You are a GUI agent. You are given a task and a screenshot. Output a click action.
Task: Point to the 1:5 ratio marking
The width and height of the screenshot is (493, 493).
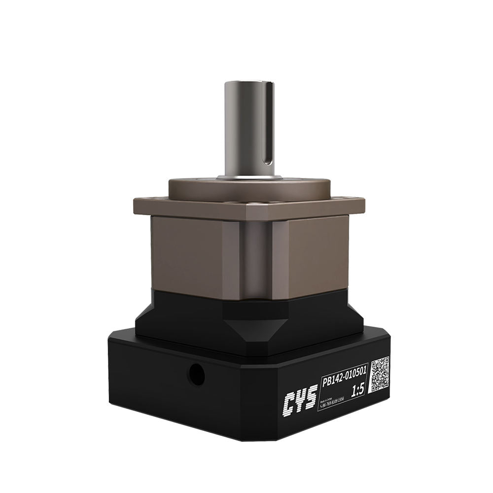[x=357, y=391]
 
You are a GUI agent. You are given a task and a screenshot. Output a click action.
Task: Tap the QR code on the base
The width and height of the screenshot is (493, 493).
[x=380, y=374]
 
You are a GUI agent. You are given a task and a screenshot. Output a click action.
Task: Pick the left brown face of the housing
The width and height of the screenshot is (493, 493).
[x=187, y=256]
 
